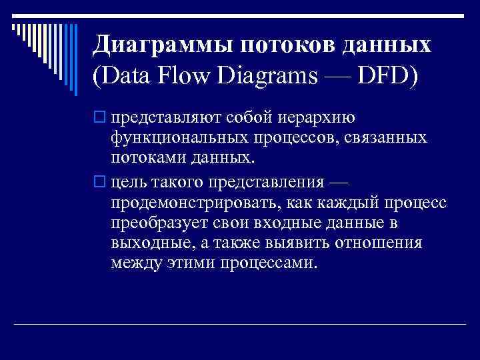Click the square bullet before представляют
tap(101, 118)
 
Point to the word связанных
tap(380, 139)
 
